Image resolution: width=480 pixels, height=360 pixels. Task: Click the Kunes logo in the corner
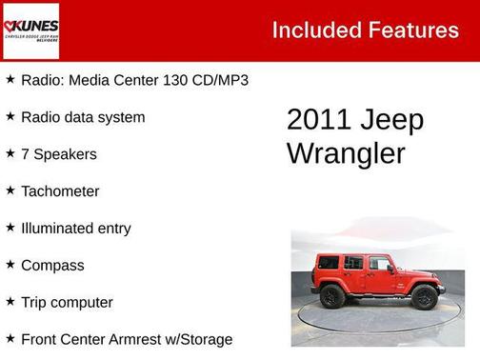click(x=30, y=30)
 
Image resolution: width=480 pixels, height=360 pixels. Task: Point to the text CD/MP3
click(x=219, y=80)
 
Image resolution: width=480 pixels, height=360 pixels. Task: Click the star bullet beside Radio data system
click(x=10, y=116)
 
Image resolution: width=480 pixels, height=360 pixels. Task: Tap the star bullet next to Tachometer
click(x=10, y=190)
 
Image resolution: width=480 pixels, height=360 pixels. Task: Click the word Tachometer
click(x=60, y=191)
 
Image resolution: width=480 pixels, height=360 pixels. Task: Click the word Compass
click(x=52, y=266)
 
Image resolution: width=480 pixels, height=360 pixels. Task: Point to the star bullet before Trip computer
click(x=10, y=302)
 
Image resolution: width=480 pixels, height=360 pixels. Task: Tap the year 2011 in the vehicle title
click(x=318, y=121)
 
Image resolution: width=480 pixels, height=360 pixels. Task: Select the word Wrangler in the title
click(x=346, y=153)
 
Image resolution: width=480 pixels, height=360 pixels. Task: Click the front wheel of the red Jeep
click(x=424, y=297)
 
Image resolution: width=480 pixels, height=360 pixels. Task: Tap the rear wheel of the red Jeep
click(x=332, y=296)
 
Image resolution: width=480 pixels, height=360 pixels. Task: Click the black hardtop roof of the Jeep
click(x=348, y=256)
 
